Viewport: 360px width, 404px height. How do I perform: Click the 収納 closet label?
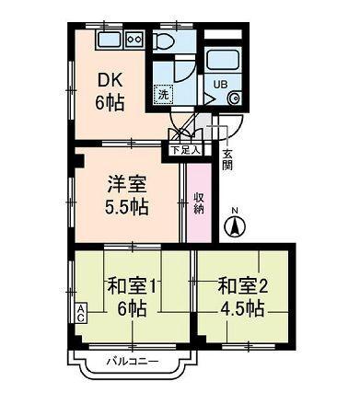[199, 203]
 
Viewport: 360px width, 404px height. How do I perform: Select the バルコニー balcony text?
[131, 360]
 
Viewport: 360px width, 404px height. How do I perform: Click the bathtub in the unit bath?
[222, 62]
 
